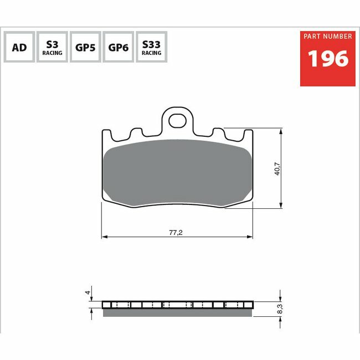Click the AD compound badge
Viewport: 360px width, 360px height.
[x=19, y=47]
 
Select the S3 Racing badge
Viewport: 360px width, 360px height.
[x=53, y=47]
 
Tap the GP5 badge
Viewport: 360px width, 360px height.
[x=85, y=47]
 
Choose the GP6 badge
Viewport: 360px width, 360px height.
[x=118, y=47]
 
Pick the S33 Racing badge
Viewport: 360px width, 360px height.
[x=152, y=47]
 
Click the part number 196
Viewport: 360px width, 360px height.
[x=328, y=59]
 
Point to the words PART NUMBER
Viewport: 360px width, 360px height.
[x=328, y=36]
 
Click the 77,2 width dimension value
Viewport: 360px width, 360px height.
[x=176, y=233]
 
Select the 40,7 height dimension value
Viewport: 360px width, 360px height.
[x=277, y=169]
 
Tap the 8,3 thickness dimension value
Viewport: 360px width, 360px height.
[x=280, y=309]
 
